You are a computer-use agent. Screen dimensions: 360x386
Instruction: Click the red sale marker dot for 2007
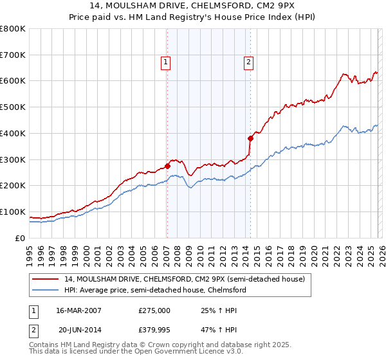(167, 166)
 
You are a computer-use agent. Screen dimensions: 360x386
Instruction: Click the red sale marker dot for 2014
(250, 138)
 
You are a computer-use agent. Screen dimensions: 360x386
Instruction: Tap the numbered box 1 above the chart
(166, 62)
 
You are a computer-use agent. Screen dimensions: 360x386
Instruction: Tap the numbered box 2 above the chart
(248, 62)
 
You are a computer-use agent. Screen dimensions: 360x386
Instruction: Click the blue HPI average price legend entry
(154, 290)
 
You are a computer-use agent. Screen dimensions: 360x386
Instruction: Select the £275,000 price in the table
(154, 310)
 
